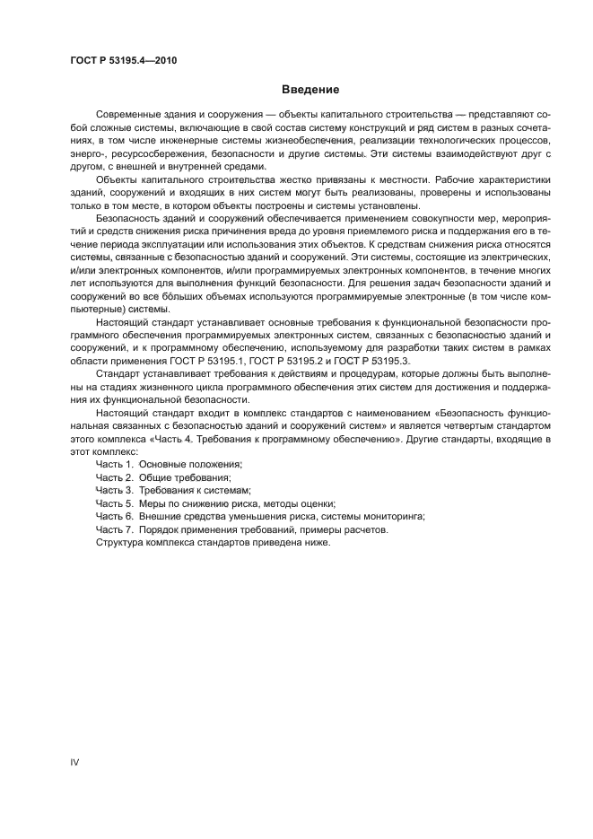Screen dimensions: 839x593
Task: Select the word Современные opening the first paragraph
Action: tap(130, 116)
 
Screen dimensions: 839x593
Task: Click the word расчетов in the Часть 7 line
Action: tap(363, 531)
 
